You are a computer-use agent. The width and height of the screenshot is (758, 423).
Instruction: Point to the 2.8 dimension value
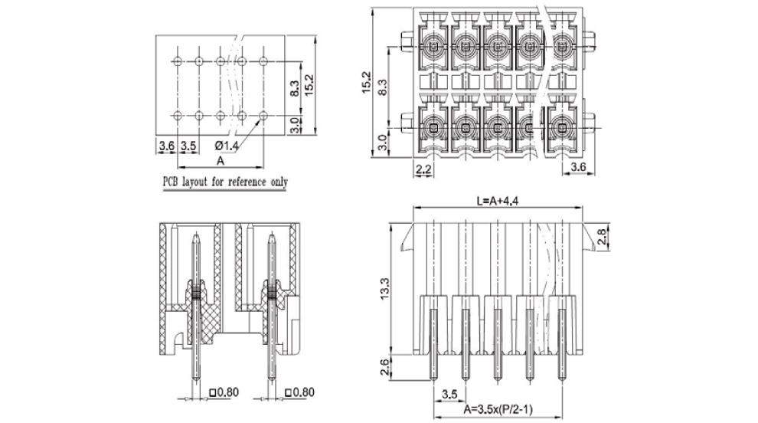[604, 238]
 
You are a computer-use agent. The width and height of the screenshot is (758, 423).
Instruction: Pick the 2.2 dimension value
[423, 168]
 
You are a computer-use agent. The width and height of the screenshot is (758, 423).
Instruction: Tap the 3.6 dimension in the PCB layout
[167, 144]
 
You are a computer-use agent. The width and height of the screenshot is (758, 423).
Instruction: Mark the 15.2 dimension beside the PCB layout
[309, 84]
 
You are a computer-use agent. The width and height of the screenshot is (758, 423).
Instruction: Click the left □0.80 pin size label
[224, 393]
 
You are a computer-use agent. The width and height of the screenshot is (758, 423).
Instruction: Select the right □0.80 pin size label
[300, 393]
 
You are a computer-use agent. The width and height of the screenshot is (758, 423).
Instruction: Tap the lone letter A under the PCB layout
[221, 161]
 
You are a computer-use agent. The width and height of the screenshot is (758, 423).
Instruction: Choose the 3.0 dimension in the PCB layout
[295, 124]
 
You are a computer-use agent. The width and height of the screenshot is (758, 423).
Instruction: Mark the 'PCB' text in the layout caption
[171, 182]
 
